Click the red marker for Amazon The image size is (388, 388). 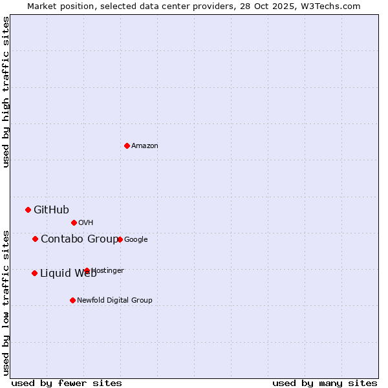coord(127,145)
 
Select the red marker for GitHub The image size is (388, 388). coord(28,210)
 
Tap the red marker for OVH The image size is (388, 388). coord(74,222)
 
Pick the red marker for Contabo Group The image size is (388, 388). coord(35,239)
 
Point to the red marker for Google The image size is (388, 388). coord(120,239)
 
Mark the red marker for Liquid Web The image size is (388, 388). coord(34,273)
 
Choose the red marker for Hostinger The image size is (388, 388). coord(87,270)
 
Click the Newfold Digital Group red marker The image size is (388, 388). coord(72,300)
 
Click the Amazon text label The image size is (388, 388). coord(145,146)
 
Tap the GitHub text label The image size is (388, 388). coord(51,210)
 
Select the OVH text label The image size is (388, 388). coord(86,223)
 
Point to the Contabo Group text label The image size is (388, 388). coord(79,239)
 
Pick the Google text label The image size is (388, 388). coord(136,240)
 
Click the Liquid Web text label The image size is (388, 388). coord(68,274)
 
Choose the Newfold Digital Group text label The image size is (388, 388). coord(114,301)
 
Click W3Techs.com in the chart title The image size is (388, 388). coord(329,6)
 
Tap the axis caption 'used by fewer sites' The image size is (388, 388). coord(67,383)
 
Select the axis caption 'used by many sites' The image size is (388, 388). coord(325,383)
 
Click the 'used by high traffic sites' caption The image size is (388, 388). coord(6,92)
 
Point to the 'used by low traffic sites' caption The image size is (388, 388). coord(6,303)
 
